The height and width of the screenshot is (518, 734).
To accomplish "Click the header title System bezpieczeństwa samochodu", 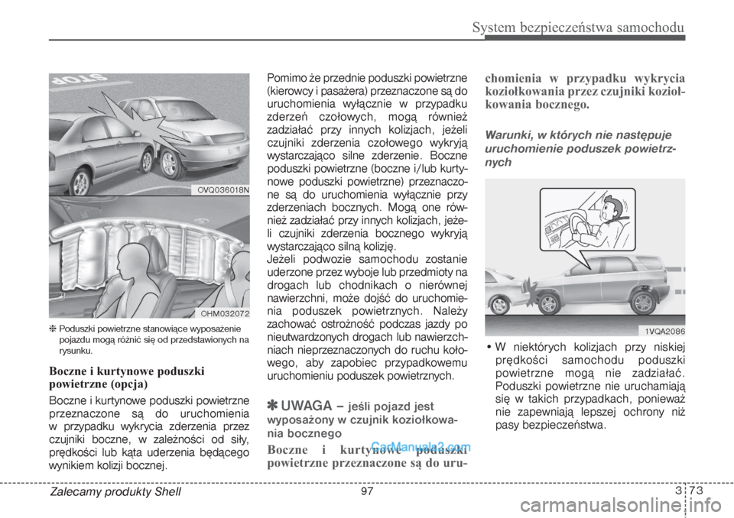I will click(578, 28).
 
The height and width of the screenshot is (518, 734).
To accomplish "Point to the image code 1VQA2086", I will click(659, 331).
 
